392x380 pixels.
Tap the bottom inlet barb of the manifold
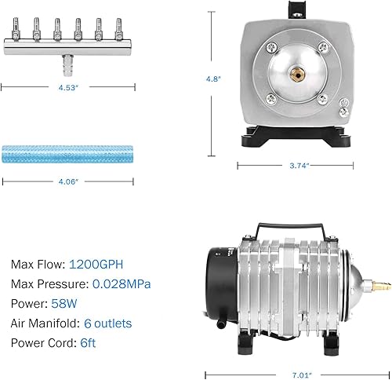[67, 60]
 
